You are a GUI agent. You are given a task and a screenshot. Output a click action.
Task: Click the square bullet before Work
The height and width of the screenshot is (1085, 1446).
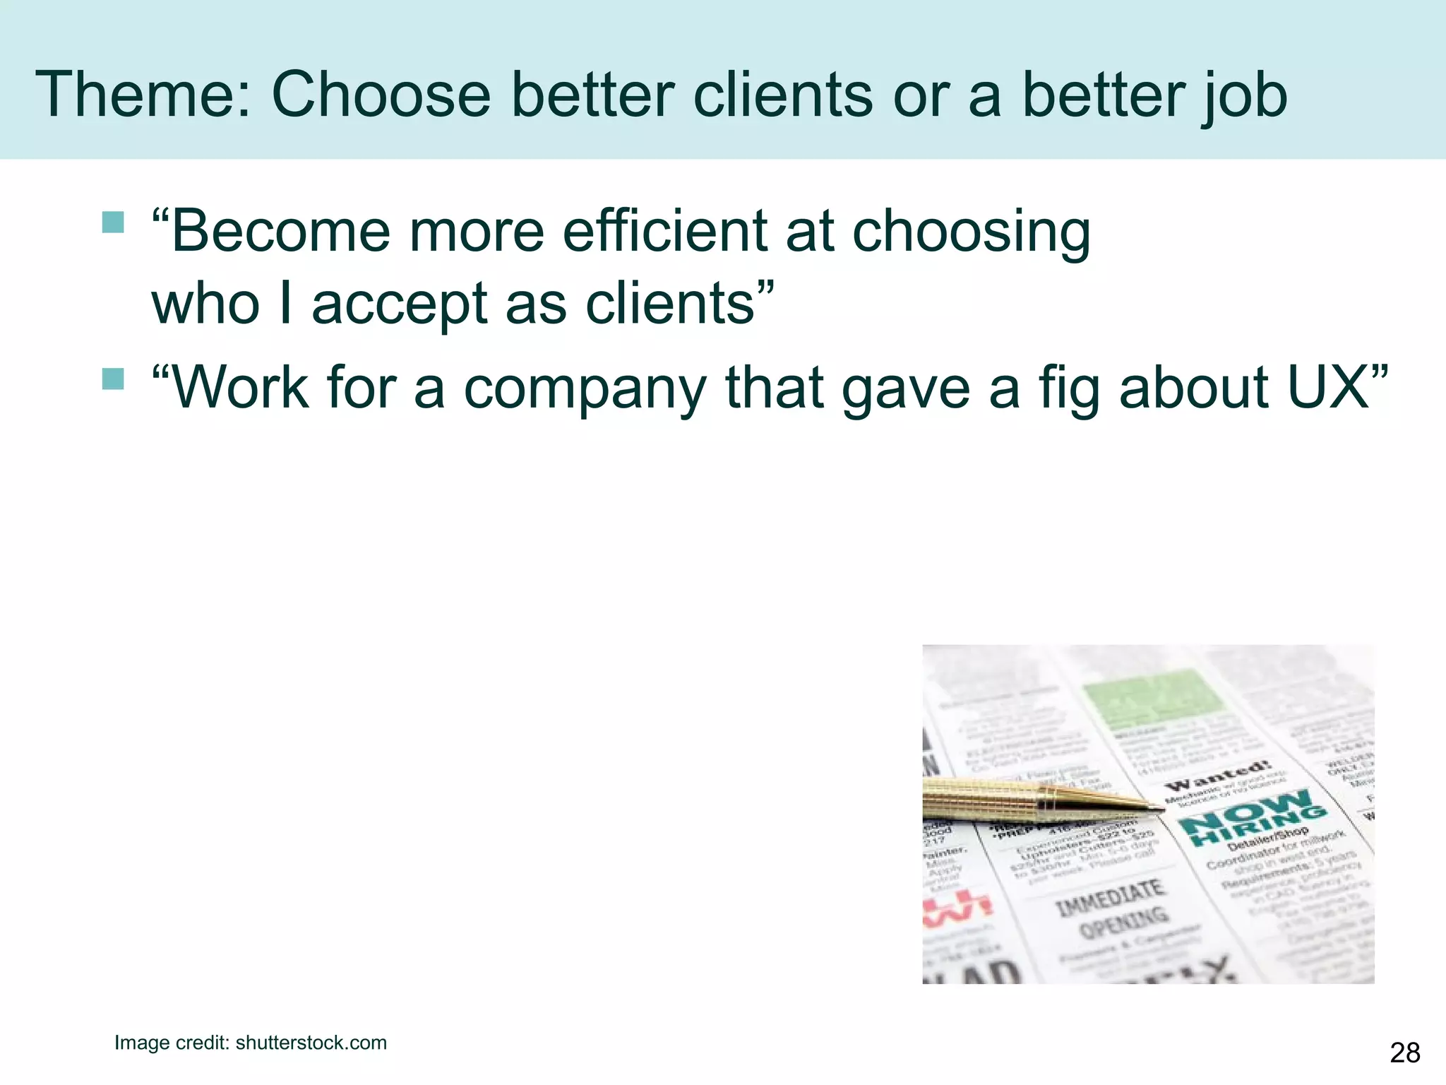click(113, 379)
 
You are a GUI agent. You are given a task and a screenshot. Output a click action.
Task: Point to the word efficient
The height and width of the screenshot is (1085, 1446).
click(664, 231)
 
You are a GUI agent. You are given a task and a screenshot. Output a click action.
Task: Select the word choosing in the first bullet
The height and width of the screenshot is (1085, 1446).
click(971, 232)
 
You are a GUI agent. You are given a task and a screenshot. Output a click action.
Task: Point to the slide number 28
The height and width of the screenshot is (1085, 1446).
click(1404, 1053)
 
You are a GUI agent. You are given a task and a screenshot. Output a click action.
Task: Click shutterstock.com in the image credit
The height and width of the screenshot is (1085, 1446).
click(311, 1043)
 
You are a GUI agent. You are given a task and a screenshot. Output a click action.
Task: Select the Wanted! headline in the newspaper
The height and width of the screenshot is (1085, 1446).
click(1218, 776)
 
